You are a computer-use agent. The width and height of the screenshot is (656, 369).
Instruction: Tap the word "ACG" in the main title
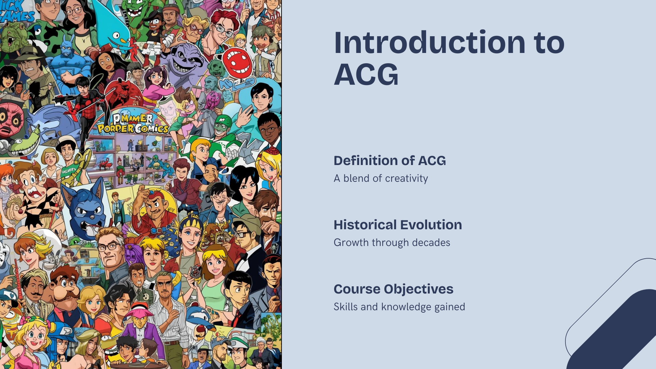[366, 74]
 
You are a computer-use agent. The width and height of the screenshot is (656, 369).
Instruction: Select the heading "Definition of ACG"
[389, 161]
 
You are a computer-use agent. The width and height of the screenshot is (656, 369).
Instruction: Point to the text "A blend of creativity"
[381, 178]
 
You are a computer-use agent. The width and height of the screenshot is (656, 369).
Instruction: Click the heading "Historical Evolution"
[398, 225]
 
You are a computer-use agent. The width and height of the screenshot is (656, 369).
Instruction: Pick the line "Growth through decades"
[392, 243]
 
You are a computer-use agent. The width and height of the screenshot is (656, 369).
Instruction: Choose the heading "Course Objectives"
[393, 289]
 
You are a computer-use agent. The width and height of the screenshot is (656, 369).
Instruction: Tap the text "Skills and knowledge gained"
[399, 307]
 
